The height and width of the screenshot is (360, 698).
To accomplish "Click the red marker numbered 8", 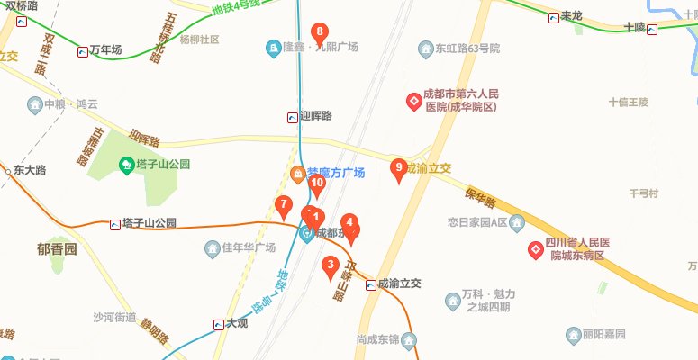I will click(319, 34).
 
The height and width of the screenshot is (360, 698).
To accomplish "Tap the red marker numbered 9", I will click(399, 168).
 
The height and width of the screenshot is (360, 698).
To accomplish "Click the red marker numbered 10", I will click(316, 185).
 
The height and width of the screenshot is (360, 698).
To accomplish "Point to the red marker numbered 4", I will click(349, 223).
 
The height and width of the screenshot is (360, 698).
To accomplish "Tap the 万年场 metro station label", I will click(105, 50).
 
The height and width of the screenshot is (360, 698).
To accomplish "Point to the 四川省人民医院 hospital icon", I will click(535, 249).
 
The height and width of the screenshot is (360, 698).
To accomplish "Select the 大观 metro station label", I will click(236, 323).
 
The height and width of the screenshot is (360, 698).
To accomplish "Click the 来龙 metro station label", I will click(572, 16).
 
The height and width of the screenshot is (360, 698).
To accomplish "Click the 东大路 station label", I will click(29, 170).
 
